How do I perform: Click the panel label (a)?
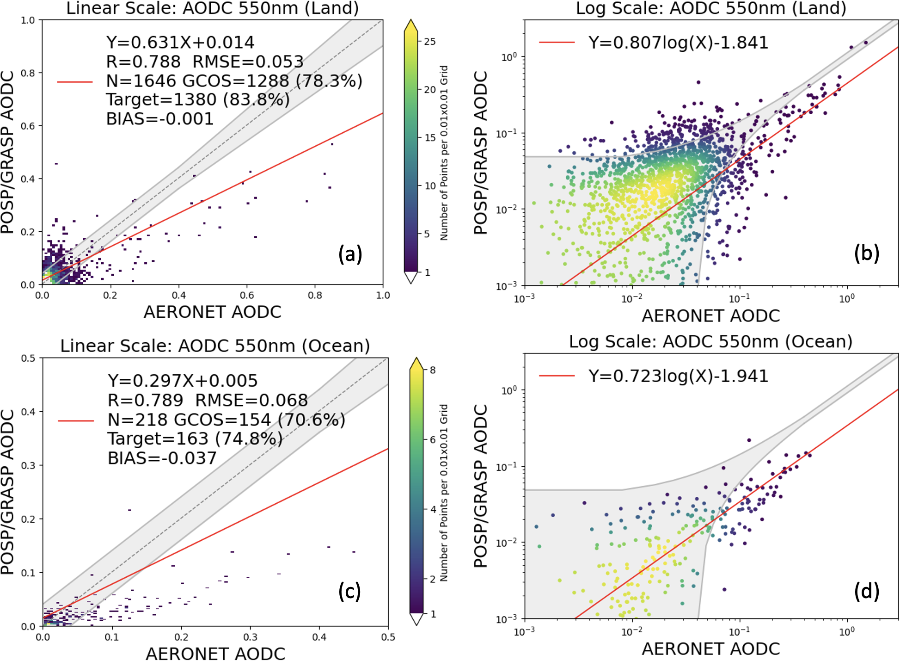click(x=350, y=254)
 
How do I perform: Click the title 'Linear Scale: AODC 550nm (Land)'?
click(x=213, y=8)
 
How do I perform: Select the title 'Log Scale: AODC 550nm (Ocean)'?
click(x=710, y=341)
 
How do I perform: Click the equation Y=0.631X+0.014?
click(x=180, y=43)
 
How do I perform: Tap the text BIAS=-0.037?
click(x=162, y=458)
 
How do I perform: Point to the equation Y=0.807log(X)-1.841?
click(x=678, y=43)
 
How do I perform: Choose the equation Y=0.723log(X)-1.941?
click(x=678, y=376)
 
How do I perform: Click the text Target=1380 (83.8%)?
click(x=198, y=99)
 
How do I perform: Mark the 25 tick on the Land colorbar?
click(x=430, y=42)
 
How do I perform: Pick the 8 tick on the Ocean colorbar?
click(x=433, y=370)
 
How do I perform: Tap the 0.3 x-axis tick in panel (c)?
click(x=250, y=637)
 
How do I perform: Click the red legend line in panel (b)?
click(x=557, y=43)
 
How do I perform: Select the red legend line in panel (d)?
click(x=557, y=376)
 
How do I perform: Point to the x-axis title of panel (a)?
click(x=213, y=312)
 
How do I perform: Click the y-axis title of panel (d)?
click(x=481, y=486)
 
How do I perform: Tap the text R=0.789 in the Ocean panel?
click(x=145, y=400)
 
